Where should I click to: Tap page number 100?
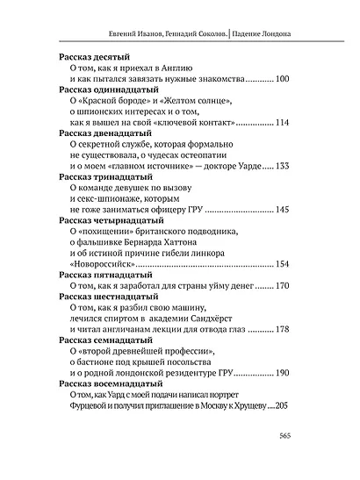pyautogui.click(x=282, y=80)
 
